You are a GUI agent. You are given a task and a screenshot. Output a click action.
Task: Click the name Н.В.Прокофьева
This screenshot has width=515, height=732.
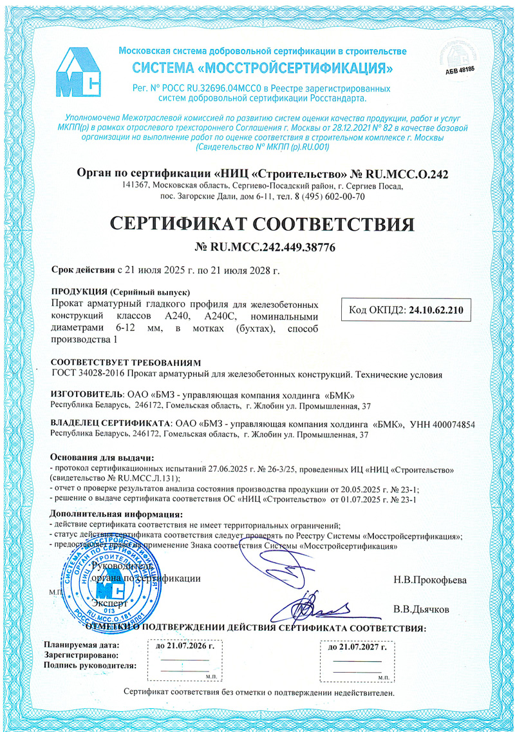[x=430, y=579]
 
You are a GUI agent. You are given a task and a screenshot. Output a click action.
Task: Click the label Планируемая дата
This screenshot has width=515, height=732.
[x=81, y=644]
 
